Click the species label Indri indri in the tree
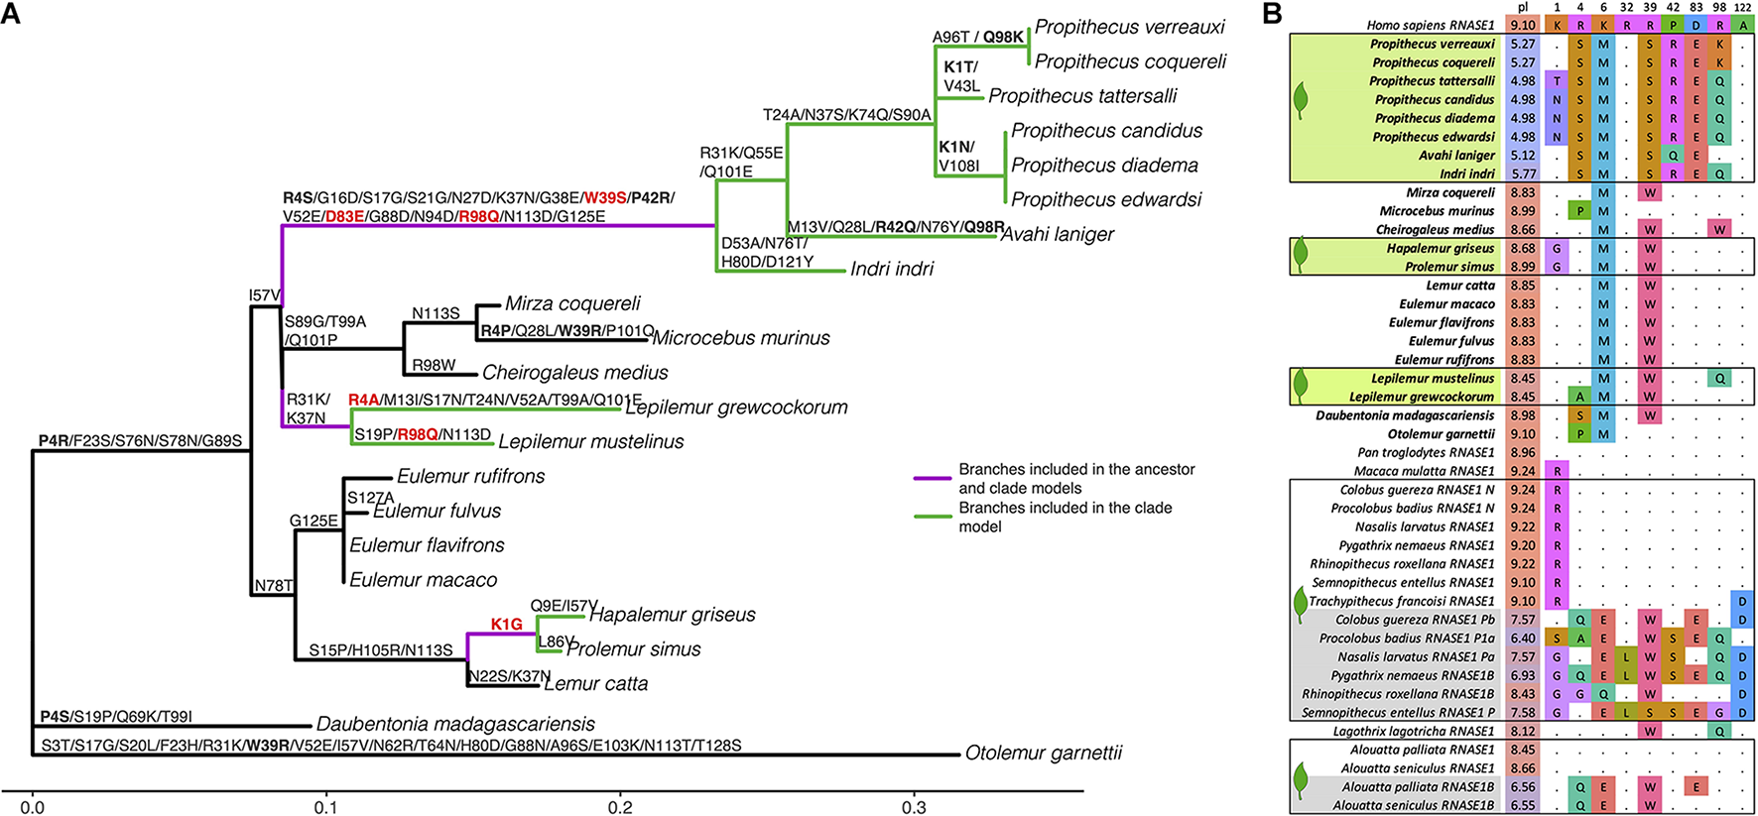pyautogui.click(x=891, y=269)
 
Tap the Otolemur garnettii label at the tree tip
pyautogui.click(x=1043, y=753)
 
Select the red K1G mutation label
pyautogui.click(x=506, y=624)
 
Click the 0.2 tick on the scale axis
pyautogui.click(x=621, y=807)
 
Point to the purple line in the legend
pyautogui.click(x=932, y=479)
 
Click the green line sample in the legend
pyautogui.click(x=932, y=517)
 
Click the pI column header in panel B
pyautogui.click(x=1522, y=8)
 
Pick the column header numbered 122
pyautogui.click(x=1742, y=8)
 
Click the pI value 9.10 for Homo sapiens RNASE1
pyautogui.click(x=1522, y=26)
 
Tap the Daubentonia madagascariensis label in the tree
pyautogui.click(x=455, y=724)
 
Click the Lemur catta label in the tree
pyautogui.click(x=595, y=683)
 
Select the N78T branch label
pyautogui.click(x=274, y=586)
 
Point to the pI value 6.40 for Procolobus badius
pyautogui.click(x=1522, y=639)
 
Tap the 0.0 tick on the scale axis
pyautogui.click(x=33, y=807)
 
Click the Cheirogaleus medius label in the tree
pyautogui.click(x=574, y=373)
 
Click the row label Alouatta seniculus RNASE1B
pyautogui.click(x=1413, y=805)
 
